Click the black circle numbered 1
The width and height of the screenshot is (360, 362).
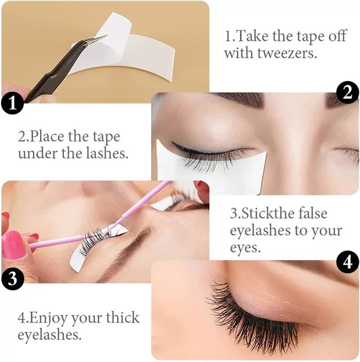[12, 102]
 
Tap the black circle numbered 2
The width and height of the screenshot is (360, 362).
[348, 93]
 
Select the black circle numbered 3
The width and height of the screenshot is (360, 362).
[12, 278]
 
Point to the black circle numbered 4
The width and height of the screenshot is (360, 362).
[348, 262]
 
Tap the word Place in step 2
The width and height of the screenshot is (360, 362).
[47, 136]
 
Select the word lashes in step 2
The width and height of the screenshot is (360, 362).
[107, 153]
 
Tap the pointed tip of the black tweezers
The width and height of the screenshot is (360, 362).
[106, 36]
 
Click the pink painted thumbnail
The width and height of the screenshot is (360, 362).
[14, 245]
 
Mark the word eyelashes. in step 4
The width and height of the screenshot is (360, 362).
[49, 334]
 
